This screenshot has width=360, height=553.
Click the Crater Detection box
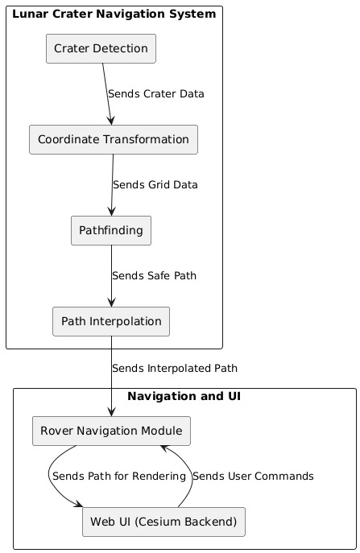click(x=101, y=48)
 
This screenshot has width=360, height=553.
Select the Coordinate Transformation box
click(x=114, y=140)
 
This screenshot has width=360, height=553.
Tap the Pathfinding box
click(x=111, y=231)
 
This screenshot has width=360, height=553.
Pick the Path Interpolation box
click(x=111, y=321)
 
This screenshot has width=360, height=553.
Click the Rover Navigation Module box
click(x=111, y=431)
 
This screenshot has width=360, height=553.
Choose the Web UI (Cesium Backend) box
click(x=163, y=522)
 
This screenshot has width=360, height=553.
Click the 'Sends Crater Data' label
click(x=156, y=94)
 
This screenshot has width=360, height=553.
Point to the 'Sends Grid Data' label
click(x=155, y=185)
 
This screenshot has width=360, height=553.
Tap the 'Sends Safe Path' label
click(x=155, y=276)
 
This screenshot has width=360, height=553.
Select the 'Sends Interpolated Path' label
click(x=175, y=369)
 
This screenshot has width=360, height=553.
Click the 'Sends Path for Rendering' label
click(x=119, y=477)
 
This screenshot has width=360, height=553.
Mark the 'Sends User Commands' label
click(x=253, y=477)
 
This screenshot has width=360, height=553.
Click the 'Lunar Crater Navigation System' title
click(x=114, y=14)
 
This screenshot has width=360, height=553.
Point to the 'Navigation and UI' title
click(x=184, y=396)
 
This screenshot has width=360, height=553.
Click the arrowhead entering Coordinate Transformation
click(x=111, y=120)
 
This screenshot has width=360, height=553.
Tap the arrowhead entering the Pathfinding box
click(x=111, y=211)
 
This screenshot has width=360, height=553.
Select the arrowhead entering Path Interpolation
click(x=111, y=302)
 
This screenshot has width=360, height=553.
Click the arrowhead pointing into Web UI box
click(x=78, y=505)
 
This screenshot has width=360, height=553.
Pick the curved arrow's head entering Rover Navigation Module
click(x=165, y=448)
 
